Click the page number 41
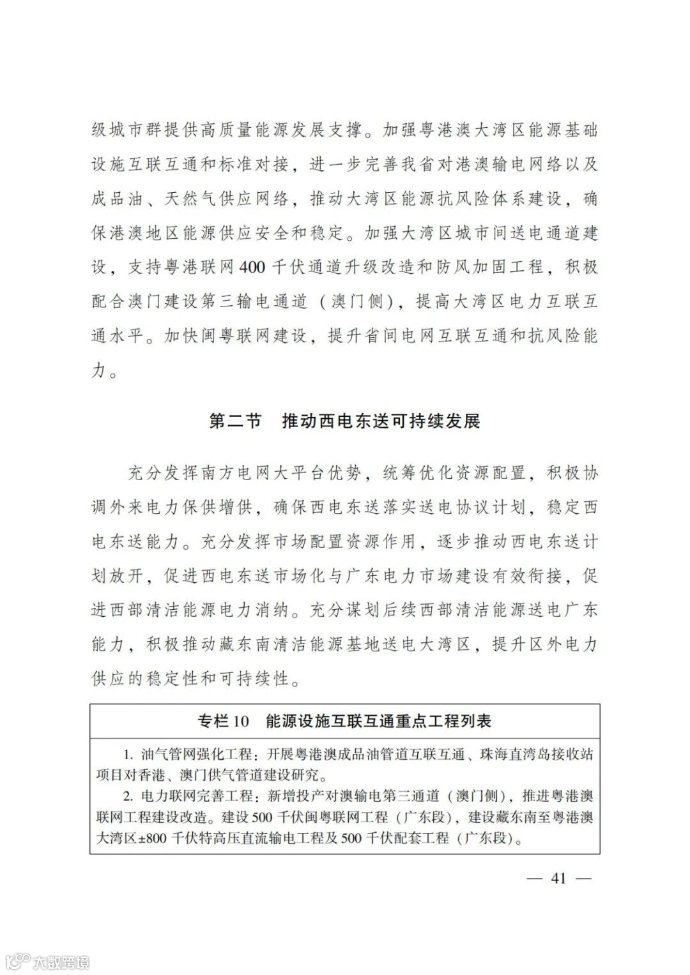[558, 878]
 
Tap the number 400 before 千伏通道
[250, 267]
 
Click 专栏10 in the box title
[222, 721]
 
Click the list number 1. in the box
[128, 754]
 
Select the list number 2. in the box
[128, 796]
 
